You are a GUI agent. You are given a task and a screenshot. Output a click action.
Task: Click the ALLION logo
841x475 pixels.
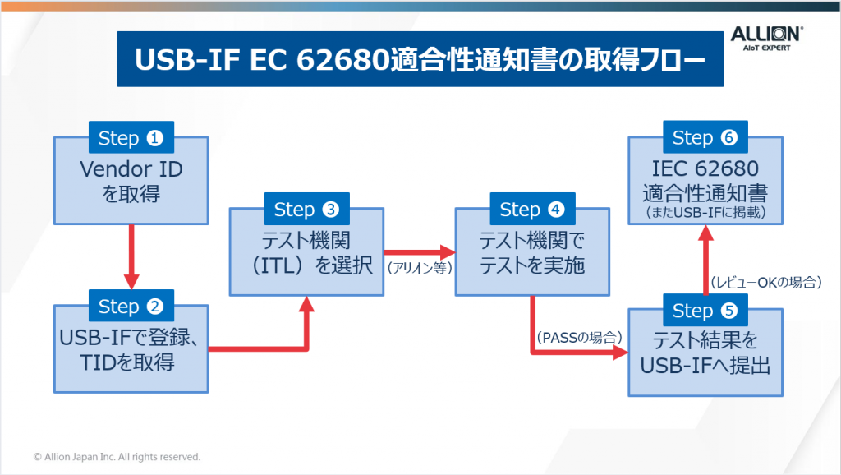pos(766,39)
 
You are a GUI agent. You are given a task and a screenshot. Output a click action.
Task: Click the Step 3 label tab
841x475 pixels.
pos(306,210)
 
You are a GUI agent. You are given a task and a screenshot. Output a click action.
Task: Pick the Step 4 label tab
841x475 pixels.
pos(531,210)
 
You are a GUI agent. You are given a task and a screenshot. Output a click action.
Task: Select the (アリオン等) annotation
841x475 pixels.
pos(420,267)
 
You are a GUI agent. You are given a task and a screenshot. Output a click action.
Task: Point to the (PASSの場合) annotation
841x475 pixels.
pos(579,337)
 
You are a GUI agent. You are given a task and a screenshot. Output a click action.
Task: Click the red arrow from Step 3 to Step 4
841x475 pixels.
pos(420,251)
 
